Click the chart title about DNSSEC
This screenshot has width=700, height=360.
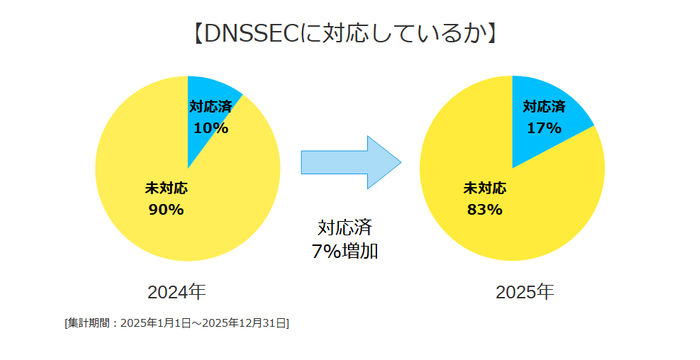coord(343,33)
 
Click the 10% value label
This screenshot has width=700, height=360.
coord(210,128)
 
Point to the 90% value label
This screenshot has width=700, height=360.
coord(165,209)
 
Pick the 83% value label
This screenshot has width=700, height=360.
coord(484,209)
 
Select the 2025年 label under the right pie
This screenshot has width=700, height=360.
coord(524,292)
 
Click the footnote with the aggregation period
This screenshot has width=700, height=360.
coord(176,323)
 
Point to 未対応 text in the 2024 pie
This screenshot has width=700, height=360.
coord(166,187)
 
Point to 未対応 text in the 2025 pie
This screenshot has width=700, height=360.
coord(485,187)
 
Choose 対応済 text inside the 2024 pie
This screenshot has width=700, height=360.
coord(210,106)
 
